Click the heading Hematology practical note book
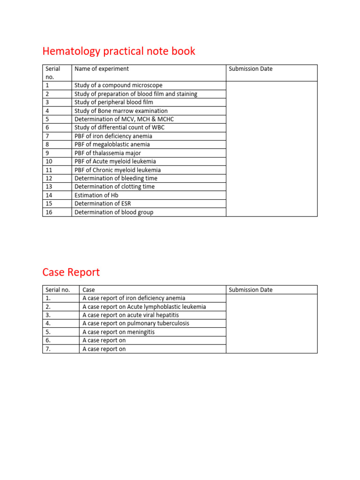click(119, 51)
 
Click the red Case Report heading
click(71, 272)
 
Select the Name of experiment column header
click(102, 69)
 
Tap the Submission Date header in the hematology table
click(250, 69)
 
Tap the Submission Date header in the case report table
click(250, 290)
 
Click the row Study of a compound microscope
click(119, 85)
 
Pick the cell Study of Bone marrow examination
click(121, 111)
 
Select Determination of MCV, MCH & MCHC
click(124, 119)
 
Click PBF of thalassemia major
click(108, 153)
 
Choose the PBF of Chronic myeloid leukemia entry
click(118, 170)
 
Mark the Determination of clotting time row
click(114, 187)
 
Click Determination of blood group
click(114, 212)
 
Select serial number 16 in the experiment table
click(48, 212)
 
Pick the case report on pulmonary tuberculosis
click(136, 323)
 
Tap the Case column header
click(89, 290)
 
